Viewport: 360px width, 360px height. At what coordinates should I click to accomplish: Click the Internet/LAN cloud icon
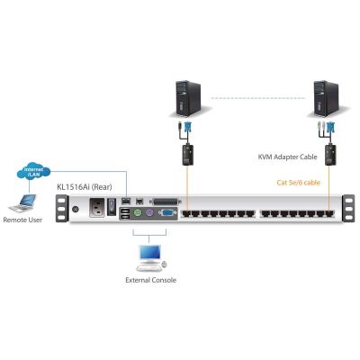click(33, 171)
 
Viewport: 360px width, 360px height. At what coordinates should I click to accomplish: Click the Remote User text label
click(22, 220)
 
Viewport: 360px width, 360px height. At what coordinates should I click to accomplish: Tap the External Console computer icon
click(151, 258)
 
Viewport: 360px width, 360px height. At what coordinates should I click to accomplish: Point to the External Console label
click(150, 280)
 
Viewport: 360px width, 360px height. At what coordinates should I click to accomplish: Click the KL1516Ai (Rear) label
click(85, 187)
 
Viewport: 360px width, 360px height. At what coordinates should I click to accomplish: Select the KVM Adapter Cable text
click(287, 157)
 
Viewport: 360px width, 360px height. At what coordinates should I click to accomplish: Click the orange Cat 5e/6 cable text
click(298, 183)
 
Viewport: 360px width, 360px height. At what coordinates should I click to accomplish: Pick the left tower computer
click(188, 99)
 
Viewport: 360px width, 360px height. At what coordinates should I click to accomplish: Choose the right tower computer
click(326, 99)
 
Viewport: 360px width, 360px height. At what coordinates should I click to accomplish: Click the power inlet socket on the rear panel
click(97, 208)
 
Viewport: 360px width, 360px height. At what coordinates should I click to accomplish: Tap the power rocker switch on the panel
click(112, 207)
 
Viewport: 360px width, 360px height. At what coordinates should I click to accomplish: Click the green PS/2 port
click(137, 213)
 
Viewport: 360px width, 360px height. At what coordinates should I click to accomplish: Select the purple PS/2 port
click(150, 213)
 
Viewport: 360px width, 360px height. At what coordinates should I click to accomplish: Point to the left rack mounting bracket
click(61, 209)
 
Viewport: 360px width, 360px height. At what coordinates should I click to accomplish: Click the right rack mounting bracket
click(348, 209)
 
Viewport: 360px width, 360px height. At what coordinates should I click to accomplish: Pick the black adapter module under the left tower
click(188, 155)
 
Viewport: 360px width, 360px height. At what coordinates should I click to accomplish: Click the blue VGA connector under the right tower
click(331, 129)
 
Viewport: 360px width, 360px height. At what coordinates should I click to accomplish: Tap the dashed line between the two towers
click(258, 98)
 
